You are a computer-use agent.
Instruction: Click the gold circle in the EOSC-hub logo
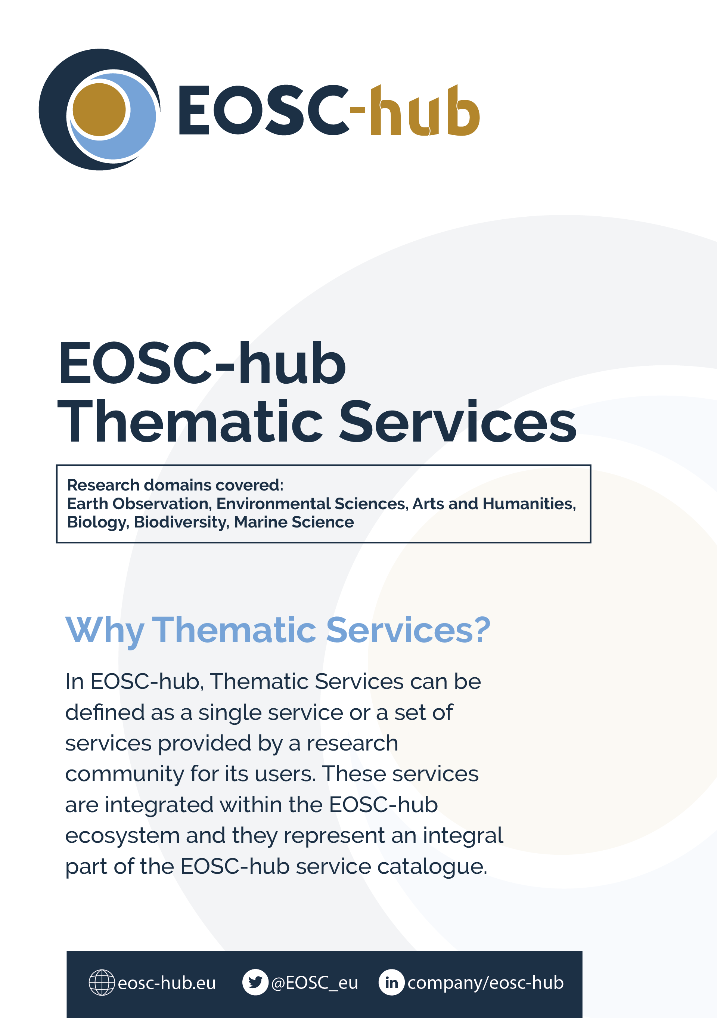tap(99, 109)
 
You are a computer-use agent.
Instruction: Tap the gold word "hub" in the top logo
tap(425, 111)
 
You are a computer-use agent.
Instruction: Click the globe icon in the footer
tap(102, 983)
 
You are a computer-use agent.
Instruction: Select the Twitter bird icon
tap(255, 982)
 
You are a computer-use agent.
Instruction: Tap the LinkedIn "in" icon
tap(391, 982)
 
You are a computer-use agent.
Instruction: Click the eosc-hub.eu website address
tap(167, 983)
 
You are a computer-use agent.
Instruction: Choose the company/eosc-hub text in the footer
tap(485, 983)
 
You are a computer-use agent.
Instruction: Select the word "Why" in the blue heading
tap(105, 631)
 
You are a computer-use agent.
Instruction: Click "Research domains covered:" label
tap(175, 485)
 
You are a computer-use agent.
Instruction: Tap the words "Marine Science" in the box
tap(294, 522)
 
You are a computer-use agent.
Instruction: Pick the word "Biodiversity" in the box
tap(181, 522)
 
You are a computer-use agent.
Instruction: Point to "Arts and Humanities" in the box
tap(494, 504)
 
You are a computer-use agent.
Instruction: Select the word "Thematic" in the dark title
tap(190, 422)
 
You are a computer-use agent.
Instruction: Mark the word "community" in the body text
tap(124, 774)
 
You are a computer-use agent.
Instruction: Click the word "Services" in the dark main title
tap(457, 422)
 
